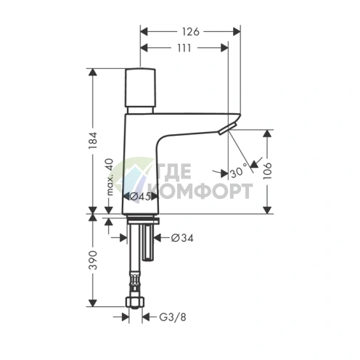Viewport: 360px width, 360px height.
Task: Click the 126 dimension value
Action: click(x=191, y=32)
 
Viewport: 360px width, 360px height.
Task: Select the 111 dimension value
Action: click(x=184, y=48)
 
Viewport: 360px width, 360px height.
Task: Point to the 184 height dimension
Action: click(x=93, y=140)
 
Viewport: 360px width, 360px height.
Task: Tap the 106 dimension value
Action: click(x=268, y=171)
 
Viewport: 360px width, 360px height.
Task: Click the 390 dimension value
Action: click(x=93, y=261)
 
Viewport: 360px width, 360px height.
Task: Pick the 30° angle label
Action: click(x=239, y=171)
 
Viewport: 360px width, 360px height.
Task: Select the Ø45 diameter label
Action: click(x=139, y=197)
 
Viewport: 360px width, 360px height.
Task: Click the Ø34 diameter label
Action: click(x=182, y=238)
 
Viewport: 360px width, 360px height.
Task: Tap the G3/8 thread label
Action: click(x=173, y=317)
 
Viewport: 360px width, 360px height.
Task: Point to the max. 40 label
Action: click(x=110, y=177)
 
